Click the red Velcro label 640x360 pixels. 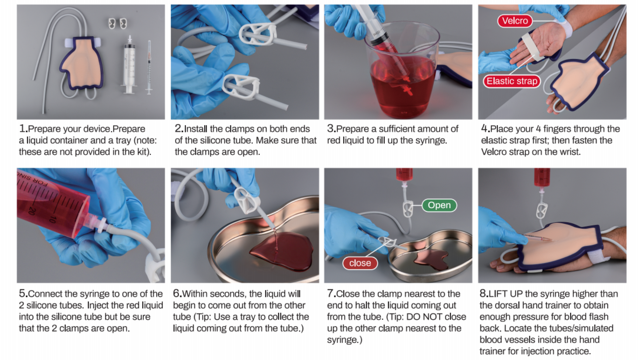pos(515,21)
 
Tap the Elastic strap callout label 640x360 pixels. pos(512,81)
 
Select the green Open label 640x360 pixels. pos(439,205)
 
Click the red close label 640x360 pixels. pos(360,263)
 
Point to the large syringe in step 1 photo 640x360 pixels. pos(129,67)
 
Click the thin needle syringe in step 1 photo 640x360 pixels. pos(149,67)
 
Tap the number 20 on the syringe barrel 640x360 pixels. pos(32,211)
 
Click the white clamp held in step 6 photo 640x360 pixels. pos(247,200)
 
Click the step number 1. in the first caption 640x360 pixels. pos(23,128)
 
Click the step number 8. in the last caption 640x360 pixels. pos(484,293)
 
